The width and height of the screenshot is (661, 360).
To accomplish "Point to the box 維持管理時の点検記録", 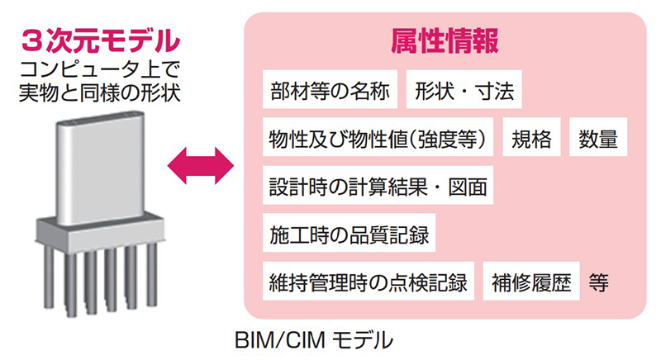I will click(367, 282).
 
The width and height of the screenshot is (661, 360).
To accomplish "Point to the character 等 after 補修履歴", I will click(600, 282).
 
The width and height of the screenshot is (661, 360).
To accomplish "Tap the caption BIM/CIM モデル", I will click(331, 339).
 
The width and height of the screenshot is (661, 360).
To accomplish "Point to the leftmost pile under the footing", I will click(47, 281).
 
